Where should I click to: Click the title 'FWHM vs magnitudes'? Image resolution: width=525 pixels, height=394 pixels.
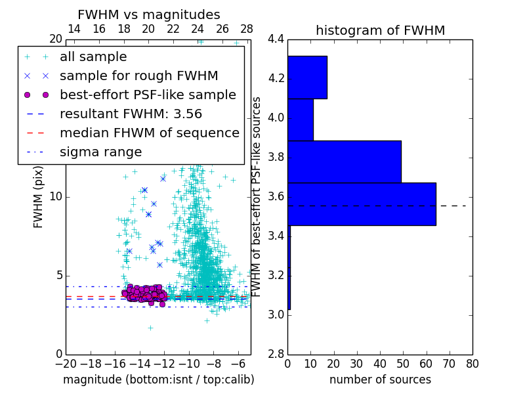[x=149, y=14]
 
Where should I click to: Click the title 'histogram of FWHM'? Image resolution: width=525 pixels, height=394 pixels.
[x=380, y=30]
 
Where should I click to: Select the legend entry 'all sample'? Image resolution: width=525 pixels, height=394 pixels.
[x=93, y=57]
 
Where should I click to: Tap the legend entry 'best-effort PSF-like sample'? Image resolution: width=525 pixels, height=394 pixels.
[x=148, y=95]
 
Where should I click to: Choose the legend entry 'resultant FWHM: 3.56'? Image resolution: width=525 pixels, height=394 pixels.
[x=131, y=114]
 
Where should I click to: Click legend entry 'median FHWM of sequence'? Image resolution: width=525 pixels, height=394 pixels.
[x=149, y=133]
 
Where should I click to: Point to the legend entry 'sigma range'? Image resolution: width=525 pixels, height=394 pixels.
[x=100, y=152]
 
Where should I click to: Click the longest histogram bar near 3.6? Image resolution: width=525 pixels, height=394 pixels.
[x=362, y=204]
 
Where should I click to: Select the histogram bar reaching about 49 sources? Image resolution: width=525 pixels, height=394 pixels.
[x=344, y=162]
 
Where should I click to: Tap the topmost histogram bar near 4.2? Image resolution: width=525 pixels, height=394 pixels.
[x=307, y=77]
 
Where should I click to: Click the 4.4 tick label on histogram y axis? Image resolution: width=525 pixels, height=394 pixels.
[x=276, y=39]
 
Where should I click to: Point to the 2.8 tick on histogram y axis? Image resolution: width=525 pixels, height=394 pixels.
[x=276, y=354]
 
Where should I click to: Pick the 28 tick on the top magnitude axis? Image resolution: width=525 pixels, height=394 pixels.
[x=247, y=29]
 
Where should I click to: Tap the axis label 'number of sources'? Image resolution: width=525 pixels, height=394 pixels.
[x=380, y=380]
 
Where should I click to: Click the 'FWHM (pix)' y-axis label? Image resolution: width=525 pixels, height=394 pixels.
[x=39, y=197]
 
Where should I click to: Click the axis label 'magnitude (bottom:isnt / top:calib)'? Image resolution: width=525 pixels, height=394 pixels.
[x=158, y=380]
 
